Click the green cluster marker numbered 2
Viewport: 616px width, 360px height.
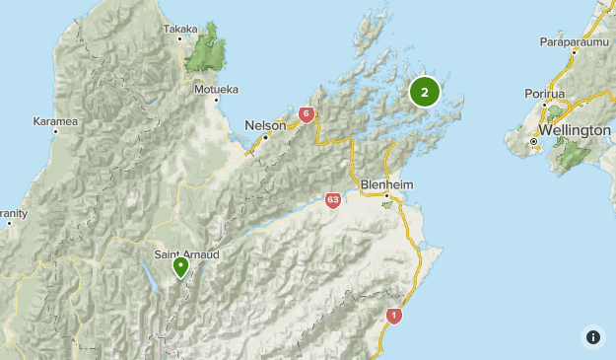click(x=424, y=93)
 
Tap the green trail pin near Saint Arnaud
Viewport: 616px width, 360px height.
click(x=181, y=266)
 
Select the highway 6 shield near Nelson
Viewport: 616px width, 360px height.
click(x=307, y=115)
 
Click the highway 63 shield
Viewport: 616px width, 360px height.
click(x=333, y=201)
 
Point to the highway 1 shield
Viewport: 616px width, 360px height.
click(x=394, y=316)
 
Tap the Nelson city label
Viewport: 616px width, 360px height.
click(x=265, y=125)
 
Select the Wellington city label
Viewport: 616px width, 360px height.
click(x=575, y=130)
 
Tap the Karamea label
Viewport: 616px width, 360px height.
click(x=55, y=121)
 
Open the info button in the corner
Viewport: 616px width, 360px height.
click(x=593, y=337)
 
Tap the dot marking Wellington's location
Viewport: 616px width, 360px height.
click(x=533, y=142)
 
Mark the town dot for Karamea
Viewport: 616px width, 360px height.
click(x=55, y=131)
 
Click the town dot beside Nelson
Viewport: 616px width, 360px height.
click(x=266, y=136)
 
